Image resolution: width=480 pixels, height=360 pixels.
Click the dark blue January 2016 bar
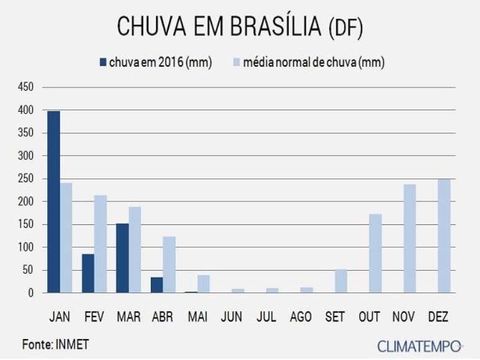click(x=53, y=202)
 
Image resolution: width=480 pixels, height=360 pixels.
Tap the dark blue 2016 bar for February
click(x=88, y=273)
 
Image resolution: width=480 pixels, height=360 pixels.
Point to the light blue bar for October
click(x=375, y=253)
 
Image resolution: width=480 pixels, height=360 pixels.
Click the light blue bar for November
click(x=410, y=239)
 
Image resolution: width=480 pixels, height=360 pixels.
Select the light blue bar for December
click(x=444, y=236)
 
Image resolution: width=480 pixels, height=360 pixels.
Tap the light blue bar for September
click(x=341, y=281)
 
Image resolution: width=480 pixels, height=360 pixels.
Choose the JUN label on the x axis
click(x=232, y=317)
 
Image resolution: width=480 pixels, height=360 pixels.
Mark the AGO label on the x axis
click(x=301, y=317)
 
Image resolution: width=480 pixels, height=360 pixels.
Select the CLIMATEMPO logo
click(x=419, y=346)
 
